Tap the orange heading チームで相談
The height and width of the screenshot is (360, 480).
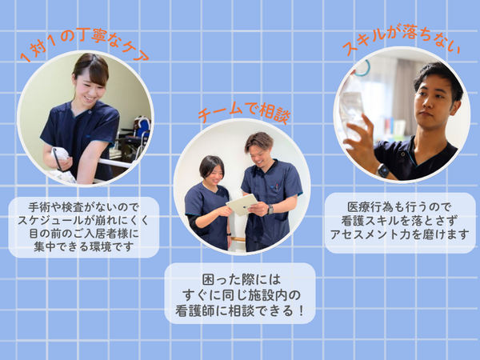tap(243, 113)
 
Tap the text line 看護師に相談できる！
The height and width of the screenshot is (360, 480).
tap(239, 310)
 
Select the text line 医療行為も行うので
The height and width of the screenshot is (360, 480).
tap(399, 206)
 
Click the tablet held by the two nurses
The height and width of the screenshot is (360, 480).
tap(241, 204)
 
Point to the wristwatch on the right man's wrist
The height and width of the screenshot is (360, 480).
tap(382, 170)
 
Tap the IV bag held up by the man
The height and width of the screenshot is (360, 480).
tap(352, 104)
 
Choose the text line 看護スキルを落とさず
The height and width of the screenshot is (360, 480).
tap(399, 219)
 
